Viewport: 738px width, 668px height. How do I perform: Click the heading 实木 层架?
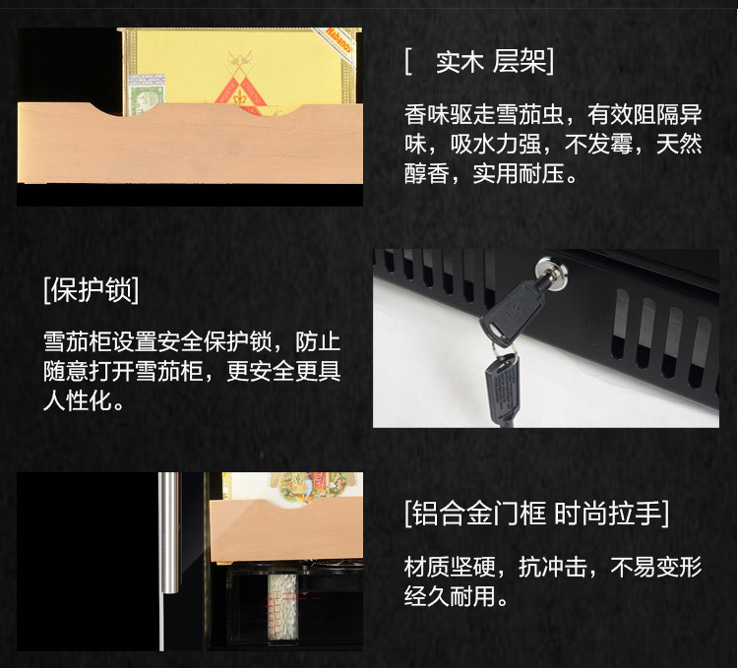coord(479,62)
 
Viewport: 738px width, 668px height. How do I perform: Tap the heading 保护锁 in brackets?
coord(91,291)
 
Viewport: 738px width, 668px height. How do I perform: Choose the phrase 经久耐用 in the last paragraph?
coord(447,597)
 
